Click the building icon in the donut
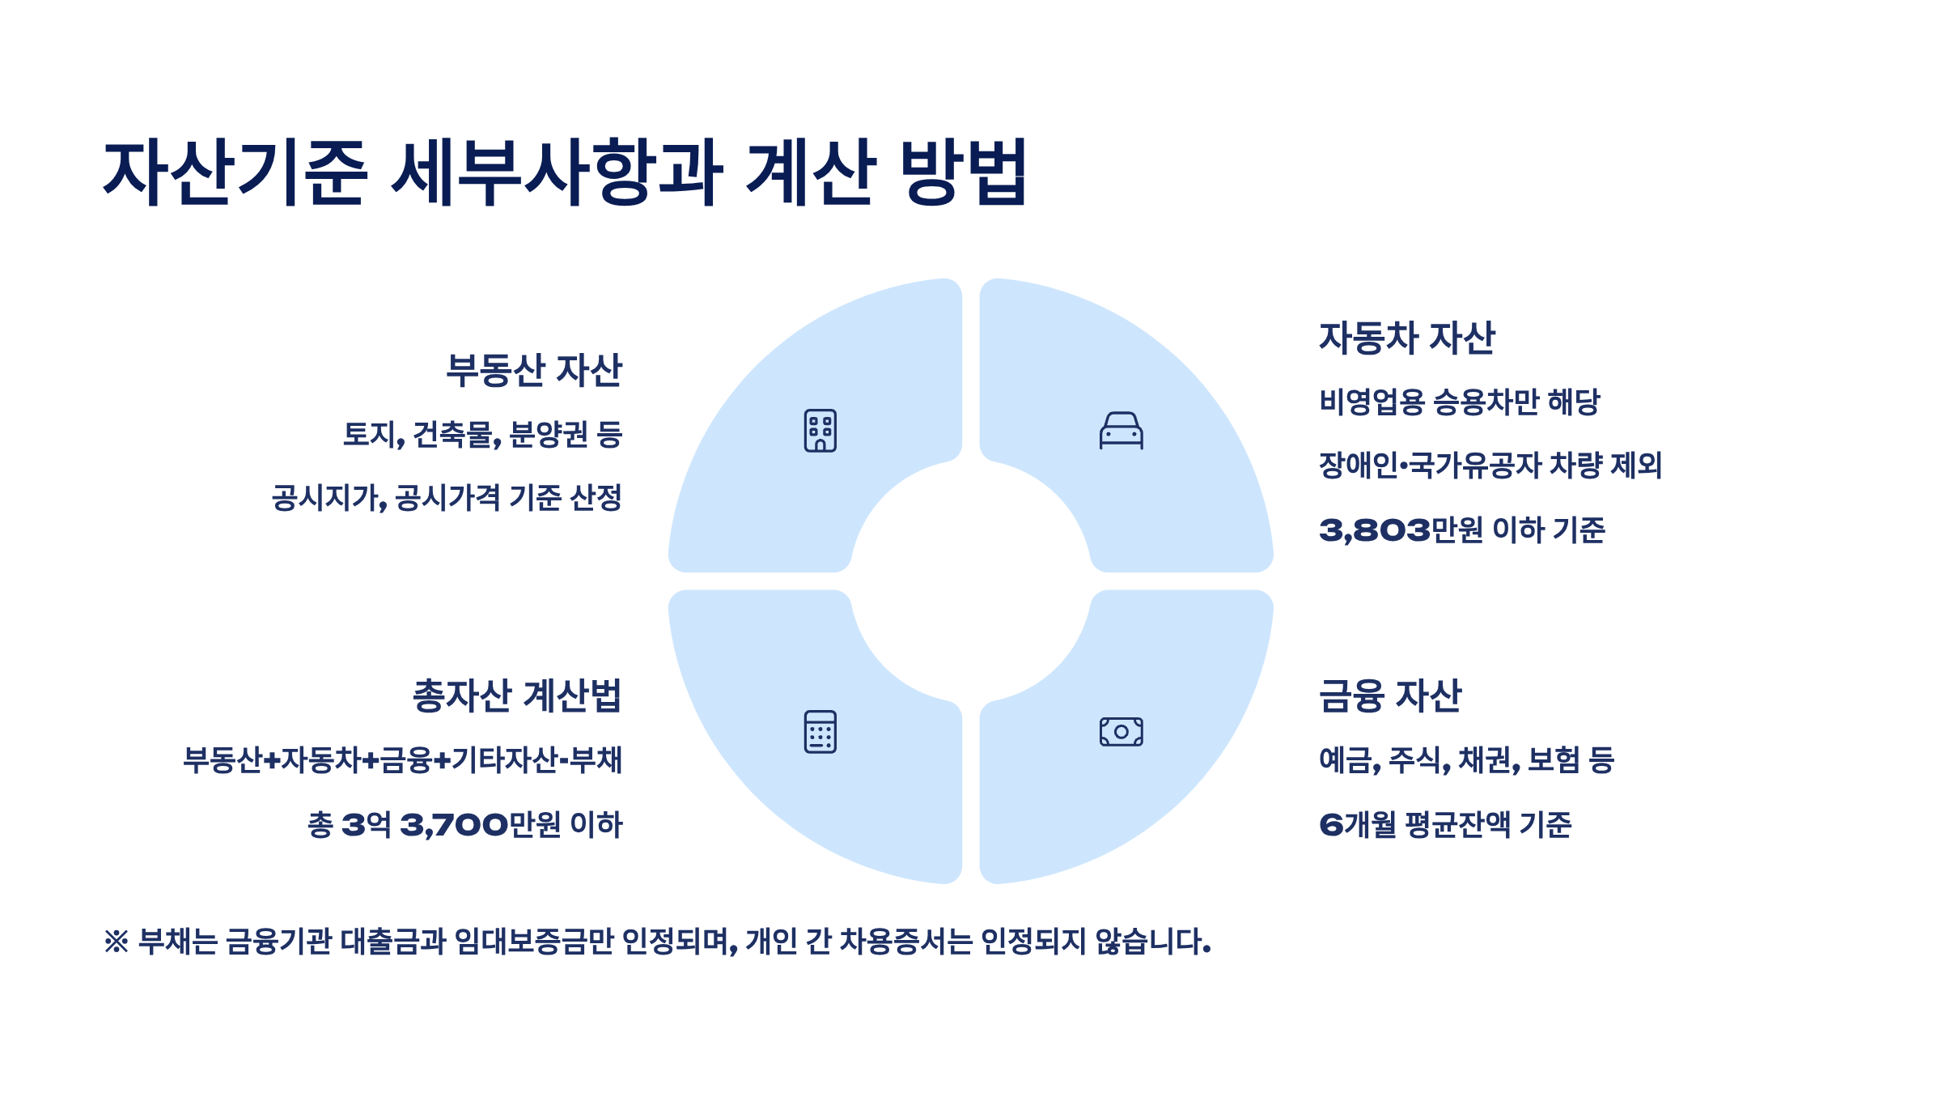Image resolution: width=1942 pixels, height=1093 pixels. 820,430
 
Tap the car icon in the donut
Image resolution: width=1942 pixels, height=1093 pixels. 1121,430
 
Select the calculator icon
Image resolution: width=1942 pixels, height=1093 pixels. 820,732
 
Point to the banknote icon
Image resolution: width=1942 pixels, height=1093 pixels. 1121,732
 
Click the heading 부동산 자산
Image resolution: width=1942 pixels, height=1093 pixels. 534,371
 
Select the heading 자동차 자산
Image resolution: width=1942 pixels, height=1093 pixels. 1407,338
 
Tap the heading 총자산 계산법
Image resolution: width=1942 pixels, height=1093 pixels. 516,696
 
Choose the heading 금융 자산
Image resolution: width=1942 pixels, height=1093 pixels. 1390,696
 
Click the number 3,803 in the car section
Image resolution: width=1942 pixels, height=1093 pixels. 1374,531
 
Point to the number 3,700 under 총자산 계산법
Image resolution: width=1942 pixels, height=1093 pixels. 454,826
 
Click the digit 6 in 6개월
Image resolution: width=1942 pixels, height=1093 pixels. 1331,826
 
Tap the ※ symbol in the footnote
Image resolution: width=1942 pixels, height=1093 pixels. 117,942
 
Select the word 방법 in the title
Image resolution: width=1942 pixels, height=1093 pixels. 963,172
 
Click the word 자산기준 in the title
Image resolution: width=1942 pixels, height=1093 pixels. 235,172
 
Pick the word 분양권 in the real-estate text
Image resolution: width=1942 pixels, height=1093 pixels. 548,435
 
